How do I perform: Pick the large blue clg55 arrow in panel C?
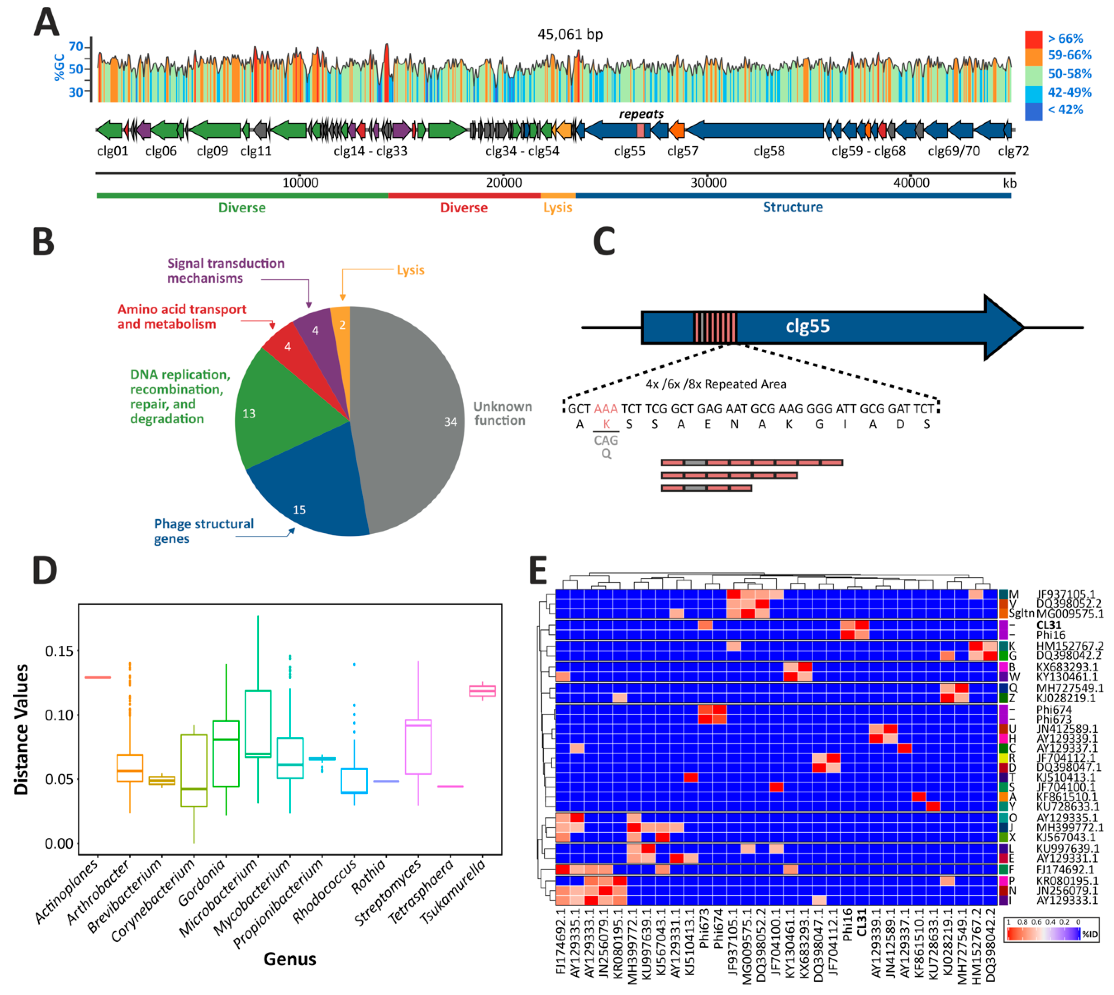point(831,327)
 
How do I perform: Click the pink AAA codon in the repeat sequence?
point(606,409)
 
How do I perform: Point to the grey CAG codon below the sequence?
point(606,440)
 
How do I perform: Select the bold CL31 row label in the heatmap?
point(1048,625)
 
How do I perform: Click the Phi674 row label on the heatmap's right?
point(1054,710)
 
